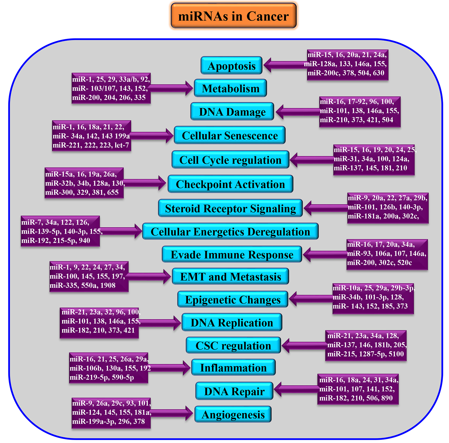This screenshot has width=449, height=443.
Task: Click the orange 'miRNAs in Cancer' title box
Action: pyautogui.click(x=233, y=16)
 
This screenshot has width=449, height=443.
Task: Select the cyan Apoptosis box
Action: pyautogui.click(x=231, y=66)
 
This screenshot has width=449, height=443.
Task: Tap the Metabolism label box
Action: pyautogui.click(x=230, y=88)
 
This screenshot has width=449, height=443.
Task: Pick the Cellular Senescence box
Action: pyautogui.click(x=230, y=136)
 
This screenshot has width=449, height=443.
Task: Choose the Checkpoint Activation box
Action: pyautogui.click(x=230, y=184)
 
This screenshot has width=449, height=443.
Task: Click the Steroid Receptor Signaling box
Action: pyautogui.click(x=230, y=208)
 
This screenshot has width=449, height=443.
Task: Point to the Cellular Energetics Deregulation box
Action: pyautogui.click(x=230, y=232)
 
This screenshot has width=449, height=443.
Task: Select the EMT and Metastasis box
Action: pyautogui.click(x=230, y=276)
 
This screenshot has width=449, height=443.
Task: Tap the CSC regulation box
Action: pyautogui.click(x=233, y=345)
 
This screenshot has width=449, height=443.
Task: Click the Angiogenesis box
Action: pyautogui.click(x=233, y=414)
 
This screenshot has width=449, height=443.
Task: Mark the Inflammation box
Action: pyautogui.click(x=233, y=368)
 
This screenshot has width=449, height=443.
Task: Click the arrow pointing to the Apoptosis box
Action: pyautogui.click(x=284, y=65)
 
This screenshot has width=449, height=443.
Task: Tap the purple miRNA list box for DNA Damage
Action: pyautogui.click(x=359, y=111)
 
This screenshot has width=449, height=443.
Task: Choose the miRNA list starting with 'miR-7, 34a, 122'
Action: pyautogui.click(x=60, y=231)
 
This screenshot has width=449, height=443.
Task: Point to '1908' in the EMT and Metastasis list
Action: pyautogui.click(x=108, y=285)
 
